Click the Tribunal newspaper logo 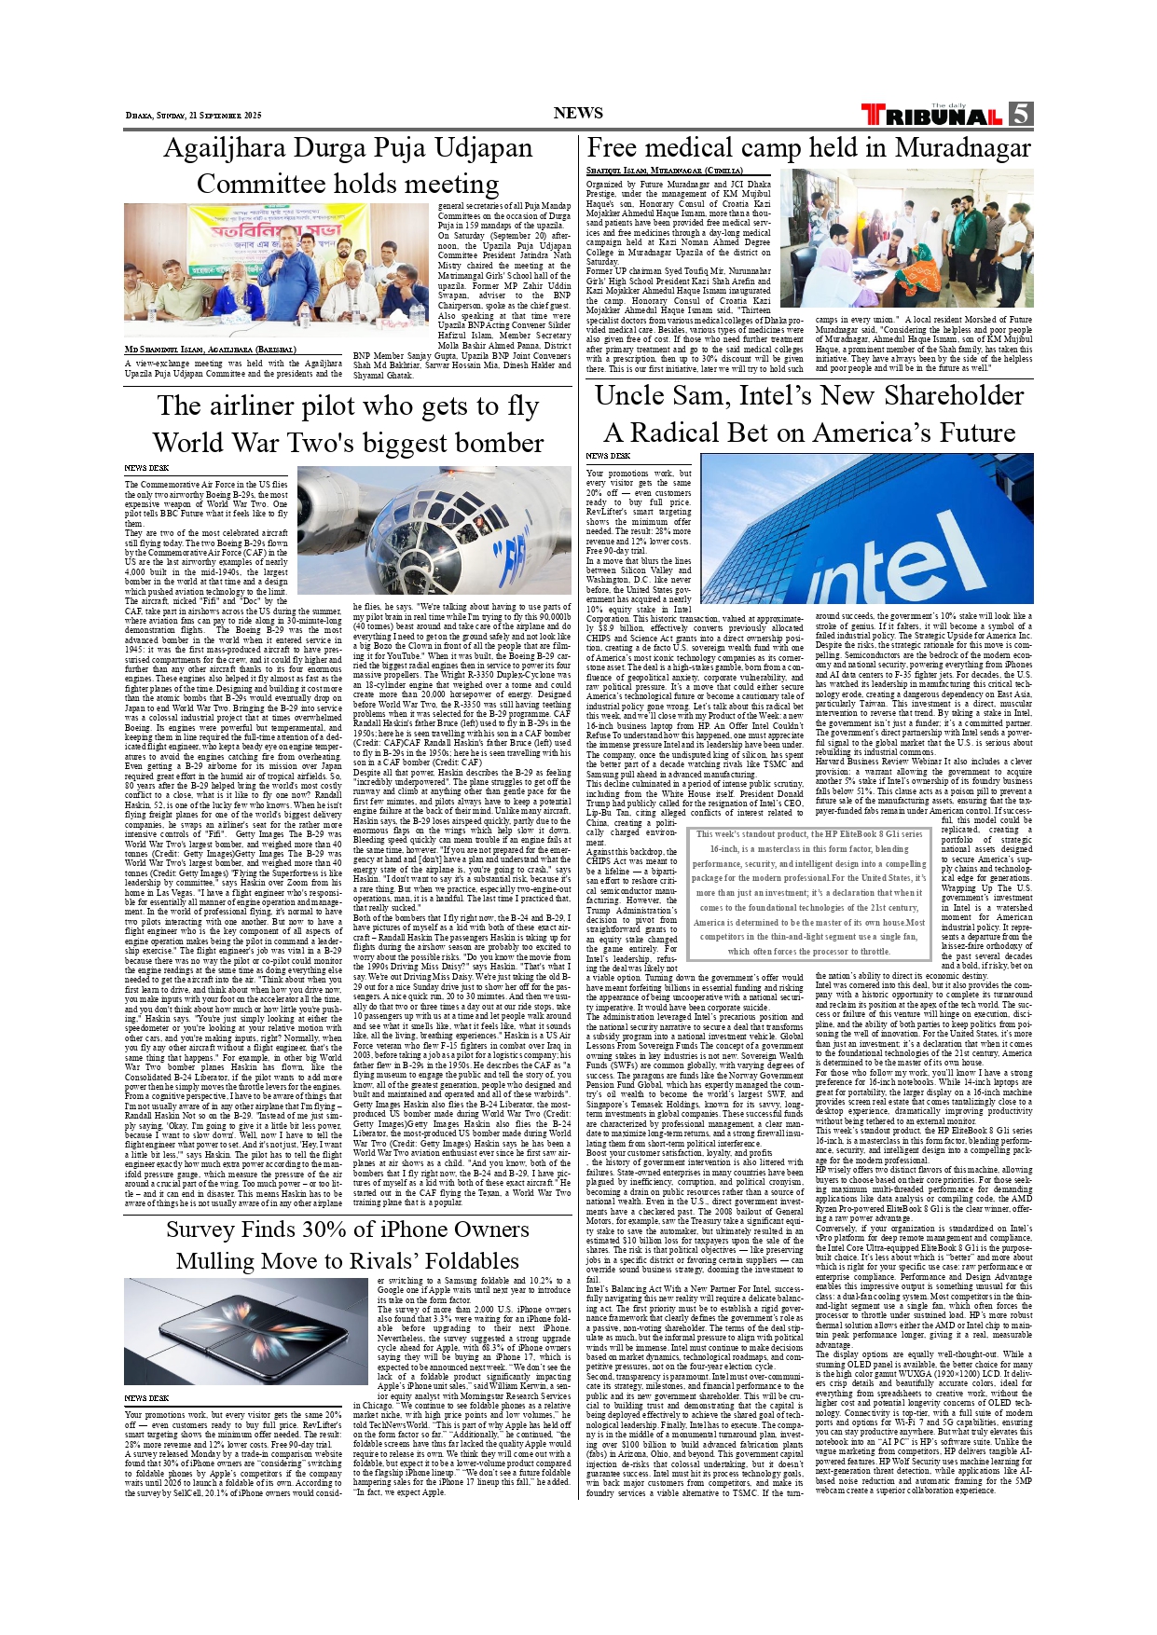pyautogui.click(x=932, y=116)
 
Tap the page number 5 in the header pyautogui.click(x=1020, y=114)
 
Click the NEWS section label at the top pyautogui.click(x=578, y=114)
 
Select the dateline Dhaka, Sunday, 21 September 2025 pyautogui.click(x=194, y=116)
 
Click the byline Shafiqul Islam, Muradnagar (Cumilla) pyautogui.click(x=664, y=172)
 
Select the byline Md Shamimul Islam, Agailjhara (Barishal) pyautogui.click(x=210, y=350)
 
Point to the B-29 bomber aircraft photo pyautogui.click(x=434, y=530)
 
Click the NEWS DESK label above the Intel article pyautogui.click(x=608, y=457)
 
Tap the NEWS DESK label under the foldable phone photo pyautogui.click(x=146, y=1398)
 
